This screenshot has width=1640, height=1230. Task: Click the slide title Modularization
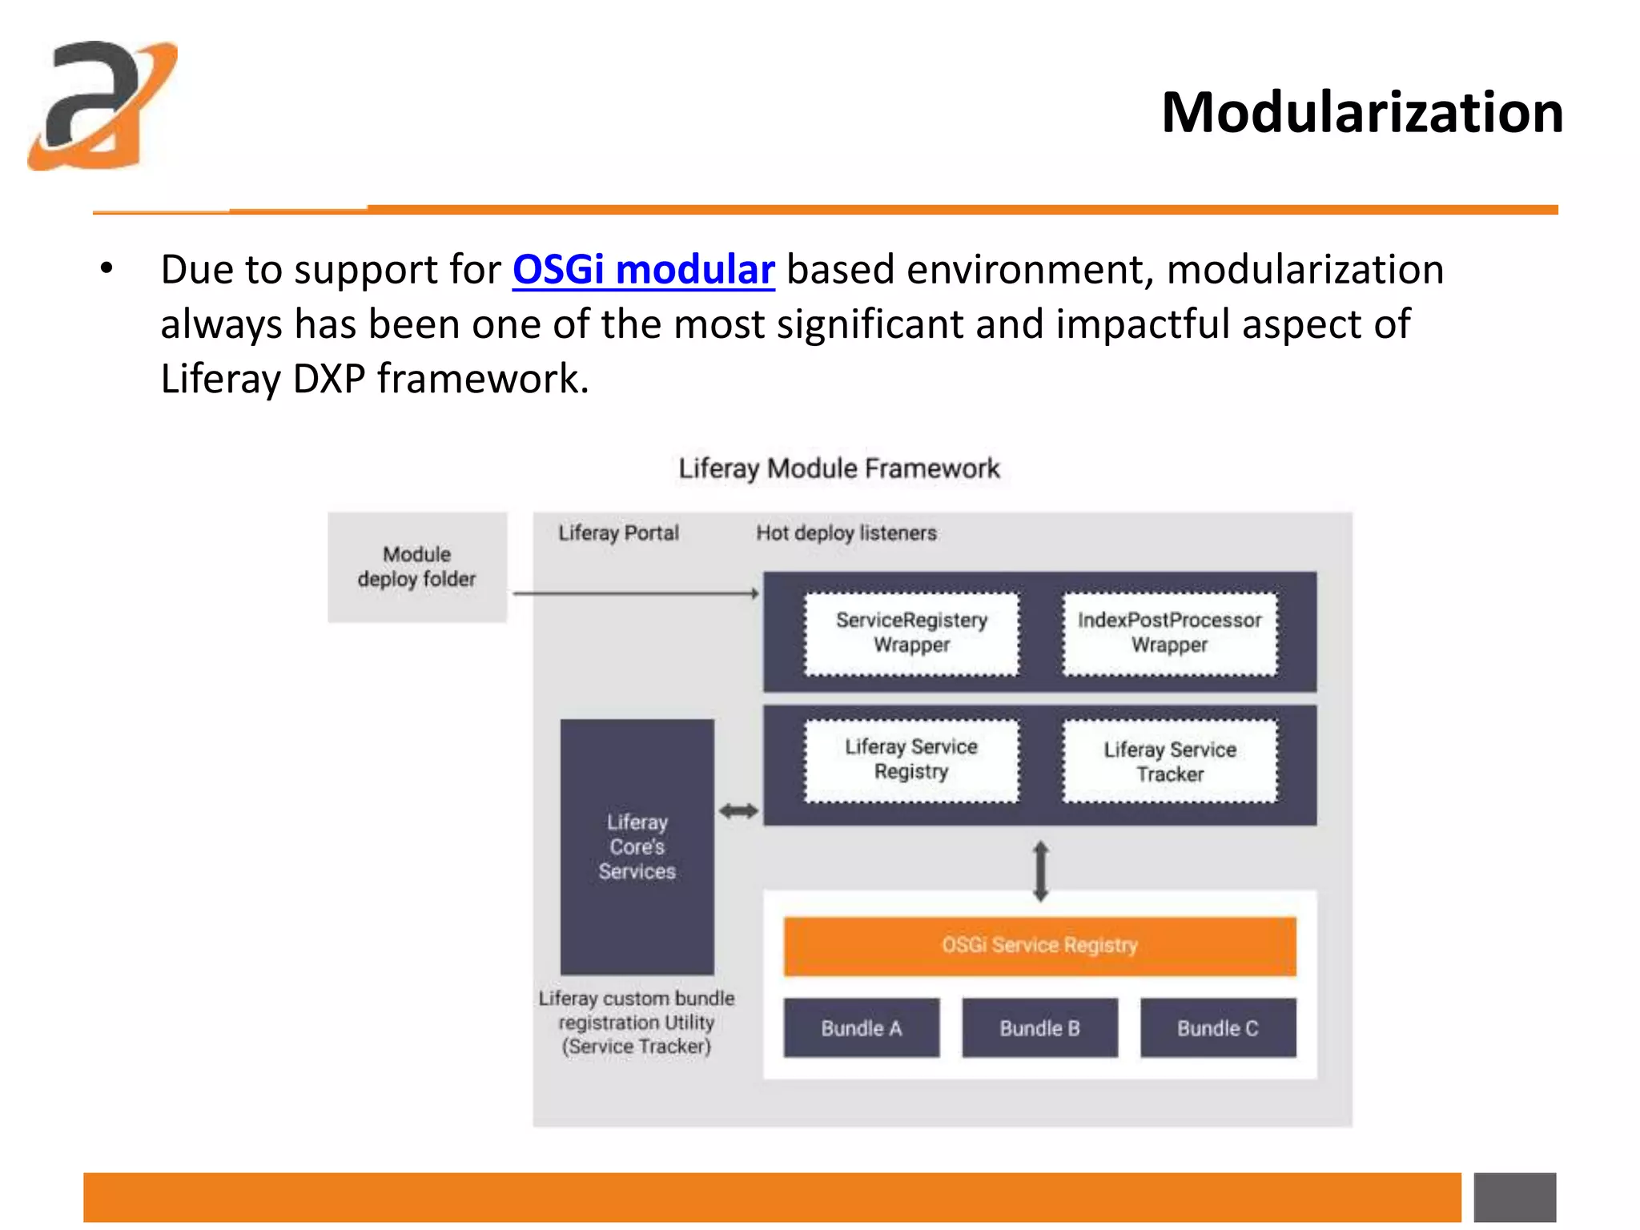(x=1361, y=112)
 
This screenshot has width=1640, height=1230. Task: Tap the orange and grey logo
(x=102, y=106)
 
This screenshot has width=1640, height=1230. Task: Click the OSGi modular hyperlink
(x=643, y=269)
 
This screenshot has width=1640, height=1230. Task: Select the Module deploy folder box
(x=416, y=567)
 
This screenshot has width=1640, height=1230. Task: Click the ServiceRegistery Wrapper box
(x=911, y=633)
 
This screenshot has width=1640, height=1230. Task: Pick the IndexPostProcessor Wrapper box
(x=1169, y=633)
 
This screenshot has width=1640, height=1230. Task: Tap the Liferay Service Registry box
(x=911, y=759)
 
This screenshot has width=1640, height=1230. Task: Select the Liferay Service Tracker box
(x=1169, y=761)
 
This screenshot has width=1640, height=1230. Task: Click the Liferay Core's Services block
(x=637, y=846)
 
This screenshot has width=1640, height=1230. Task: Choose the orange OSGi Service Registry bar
(x=1039, y=946)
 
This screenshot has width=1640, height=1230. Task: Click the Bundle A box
(x=861, y=1028)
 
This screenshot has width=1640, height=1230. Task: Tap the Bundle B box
(x=1039, y=1028)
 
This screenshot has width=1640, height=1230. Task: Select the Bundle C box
(x=1217, y=1028)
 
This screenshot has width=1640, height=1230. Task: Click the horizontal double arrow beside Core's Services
(x=738, y=811)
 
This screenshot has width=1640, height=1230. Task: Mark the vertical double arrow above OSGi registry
(x=1040, y=870)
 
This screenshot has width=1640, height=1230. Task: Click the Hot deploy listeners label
(x=846, y=533)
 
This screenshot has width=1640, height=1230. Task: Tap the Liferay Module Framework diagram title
(x=839, y=468)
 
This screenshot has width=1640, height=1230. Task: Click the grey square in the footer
(x=1514, y=1197)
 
